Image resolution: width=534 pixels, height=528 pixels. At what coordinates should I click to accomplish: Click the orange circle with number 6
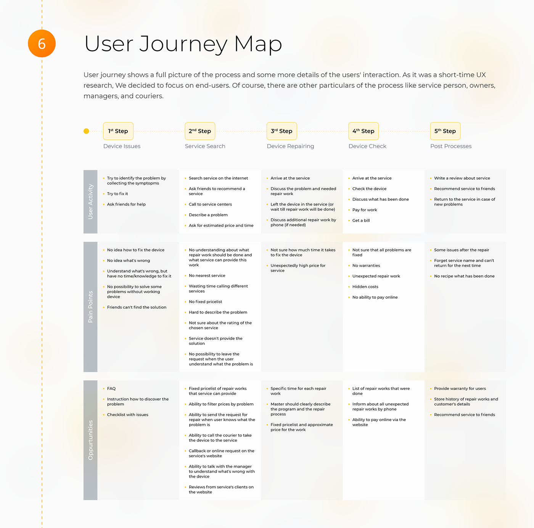[42, 43]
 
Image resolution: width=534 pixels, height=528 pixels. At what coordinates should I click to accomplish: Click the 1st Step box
[118, 131]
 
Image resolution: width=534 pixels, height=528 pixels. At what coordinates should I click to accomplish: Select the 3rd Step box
[281, 131]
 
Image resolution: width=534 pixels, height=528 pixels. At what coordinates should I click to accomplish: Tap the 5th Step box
[445, 131]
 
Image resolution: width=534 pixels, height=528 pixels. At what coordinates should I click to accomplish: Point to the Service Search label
[205, 146]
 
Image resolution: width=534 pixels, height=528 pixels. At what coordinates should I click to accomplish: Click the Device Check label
[367, 146]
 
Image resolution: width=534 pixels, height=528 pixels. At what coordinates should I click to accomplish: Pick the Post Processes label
[451, 146]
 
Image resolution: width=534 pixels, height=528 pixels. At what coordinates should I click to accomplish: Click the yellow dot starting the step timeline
[86, 131]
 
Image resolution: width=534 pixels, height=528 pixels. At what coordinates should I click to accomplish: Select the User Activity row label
[90, 201]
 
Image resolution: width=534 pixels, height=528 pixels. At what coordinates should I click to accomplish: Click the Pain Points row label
[90, 307]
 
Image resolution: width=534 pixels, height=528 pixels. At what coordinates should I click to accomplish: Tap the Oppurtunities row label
[90, 440]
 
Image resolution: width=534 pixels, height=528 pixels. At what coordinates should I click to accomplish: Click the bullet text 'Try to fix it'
[117, 194]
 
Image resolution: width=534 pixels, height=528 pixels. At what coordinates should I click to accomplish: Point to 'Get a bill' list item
[361, 221]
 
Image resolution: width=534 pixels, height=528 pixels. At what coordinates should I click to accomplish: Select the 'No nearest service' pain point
[207, 275]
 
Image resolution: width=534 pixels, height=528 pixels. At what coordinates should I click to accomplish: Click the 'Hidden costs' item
[365, 287]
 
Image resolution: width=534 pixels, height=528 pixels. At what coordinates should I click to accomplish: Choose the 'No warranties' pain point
[366, 266]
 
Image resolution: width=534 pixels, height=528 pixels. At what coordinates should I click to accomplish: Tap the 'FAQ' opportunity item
[111, 388]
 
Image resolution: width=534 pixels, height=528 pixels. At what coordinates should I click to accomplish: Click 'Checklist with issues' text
[127, 415]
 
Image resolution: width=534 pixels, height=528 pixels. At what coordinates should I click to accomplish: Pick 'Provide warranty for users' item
[460, 388]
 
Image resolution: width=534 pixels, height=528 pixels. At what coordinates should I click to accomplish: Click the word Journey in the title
[183, 44]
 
